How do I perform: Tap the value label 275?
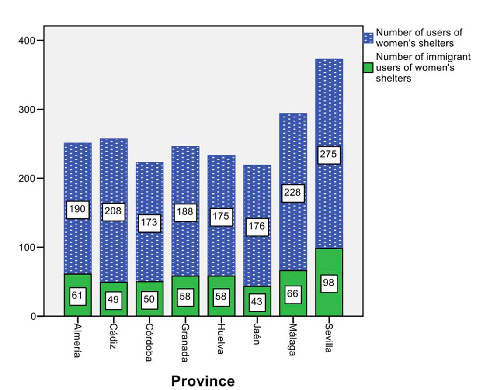[x=329, y=154]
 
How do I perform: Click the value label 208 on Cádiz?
[x=114, y=212]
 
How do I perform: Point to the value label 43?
[x=257, y=302]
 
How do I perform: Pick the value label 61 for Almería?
[x=78, y=297]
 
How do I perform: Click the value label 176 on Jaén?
[x=257, y=227]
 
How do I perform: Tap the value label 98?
[x=329, y=283]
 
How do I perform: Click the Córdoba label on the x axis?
[x=149, y=343]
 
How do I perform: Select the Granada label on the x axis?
[x=185, y=343]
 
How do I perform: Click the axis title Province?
[x=203, y=380]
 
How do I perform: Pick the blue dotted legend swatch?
[x=368, y=38]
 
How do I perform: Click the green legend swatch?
[x=368, y=68]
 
